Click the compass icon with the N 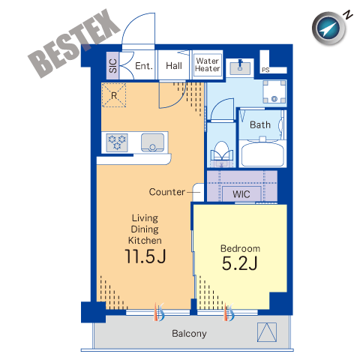330,28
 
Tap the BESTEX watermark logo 74,43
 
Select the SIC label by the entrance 113,66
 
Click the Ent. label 144,66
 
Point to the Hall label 174,66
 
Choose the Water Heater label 208,64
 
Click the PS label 265,70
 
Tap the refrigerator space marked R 114,95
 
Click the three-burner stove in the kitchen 117,142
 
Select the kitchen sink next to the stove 152,142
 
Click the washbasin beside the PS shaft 240,67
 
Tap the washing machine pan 274,91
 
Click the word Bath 260,124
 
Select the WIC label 241,194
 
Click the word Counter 167,192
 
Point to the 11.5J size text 145,256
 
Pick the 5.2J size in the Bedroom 240,263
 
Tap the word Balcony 189,334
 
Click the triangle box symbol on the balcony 267,332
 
